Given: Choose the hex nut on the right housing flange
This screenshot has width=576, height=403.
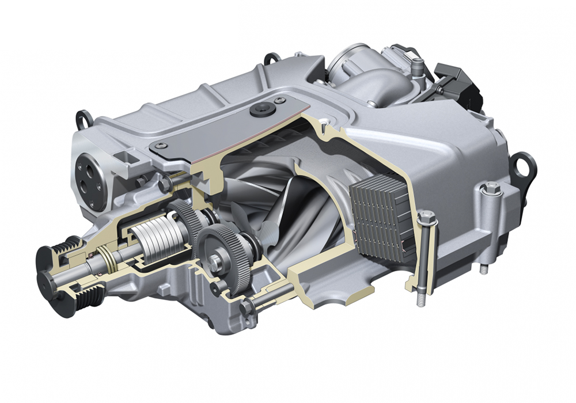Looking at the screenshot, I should coord(491,188).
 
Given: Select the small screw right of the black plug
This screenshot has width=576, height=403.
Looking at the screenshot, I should coord(280,101).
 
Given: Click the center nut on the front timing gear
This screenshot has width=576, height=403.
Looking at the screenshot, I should coord(215,262).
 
